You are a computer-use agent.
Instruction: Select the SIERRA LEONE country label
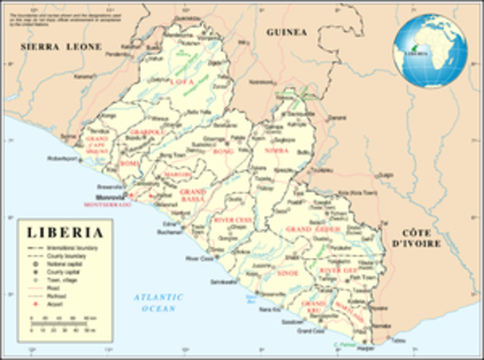tap(60, 47)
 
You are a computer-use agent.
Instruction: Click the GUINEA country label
tap(287, 33)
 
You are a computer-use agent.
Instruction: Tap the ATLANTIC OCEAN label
tap(155, 303)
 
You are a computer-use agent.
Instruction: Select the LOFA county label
tap(181, 81)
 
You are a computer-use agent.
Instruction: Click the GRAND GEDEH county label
tap(309, 228)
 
